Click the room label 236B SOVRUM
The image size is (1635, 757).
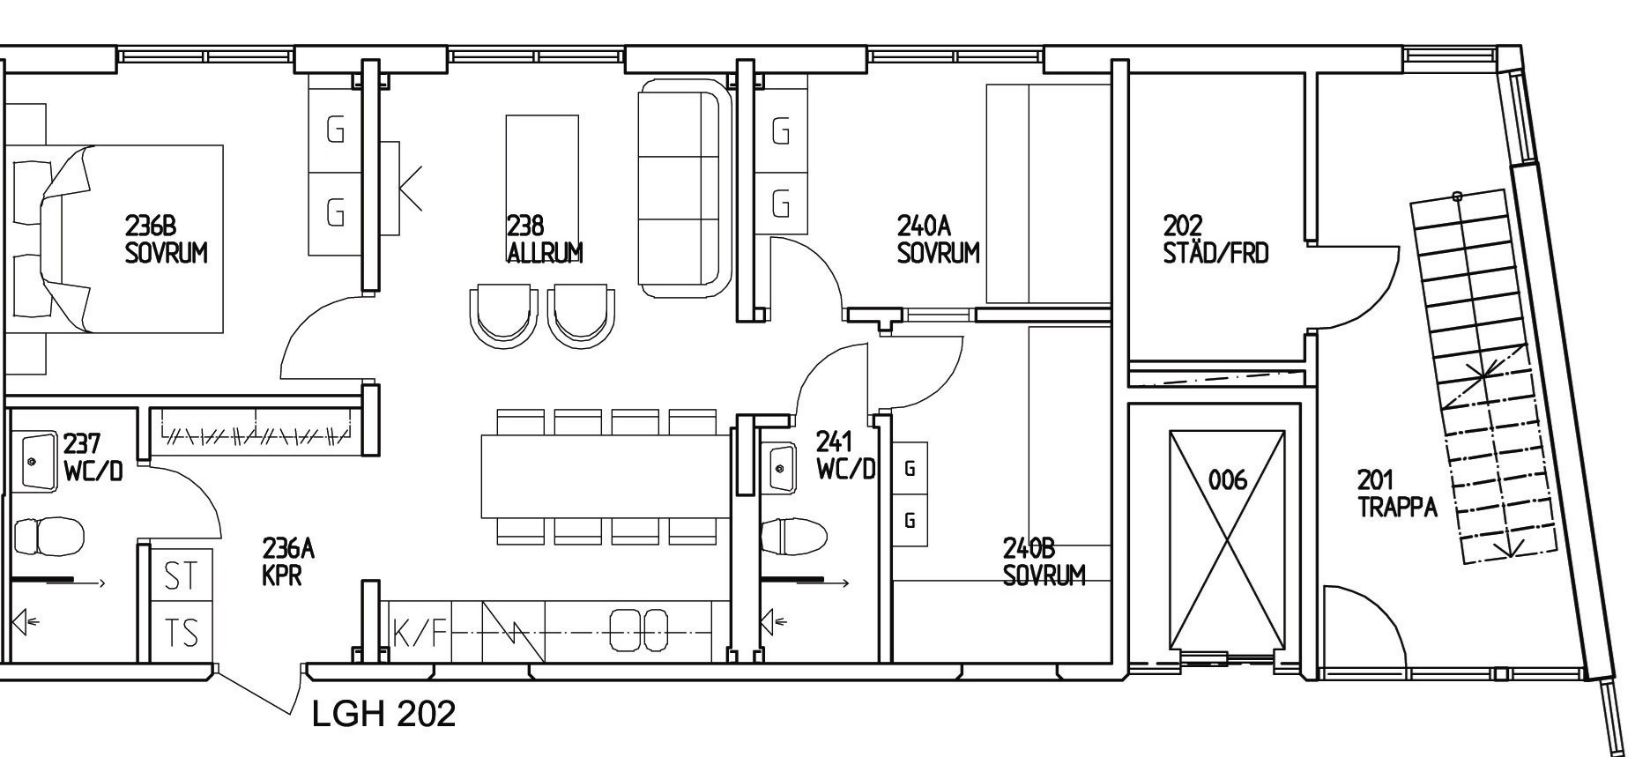click(166, 239)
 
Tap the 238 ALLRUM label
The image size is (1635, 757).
click(545, 239)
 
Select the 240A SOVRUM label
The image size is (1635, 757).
click(938, 239)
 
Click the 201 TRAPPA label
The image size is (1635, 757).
click(1397, 494)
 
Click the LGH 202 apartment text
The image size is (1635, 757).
click(384, 714)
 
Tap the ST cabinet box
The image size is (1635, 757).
click(182, 575)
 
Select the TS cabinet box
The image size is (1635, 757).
click(182, 633)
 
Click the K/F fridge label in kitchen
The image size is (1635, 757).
click(420, 633)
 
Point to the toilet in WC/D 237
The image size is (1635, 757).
click(49, 536)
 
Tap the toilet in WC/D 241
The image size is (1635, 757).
click(794, 535)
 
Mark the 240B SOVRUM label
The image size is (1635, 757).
click(1044, 562)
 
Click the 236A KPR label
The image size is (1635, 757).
click(288, 562)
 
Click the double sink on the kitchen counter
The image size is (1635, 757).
click(640, 631)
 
